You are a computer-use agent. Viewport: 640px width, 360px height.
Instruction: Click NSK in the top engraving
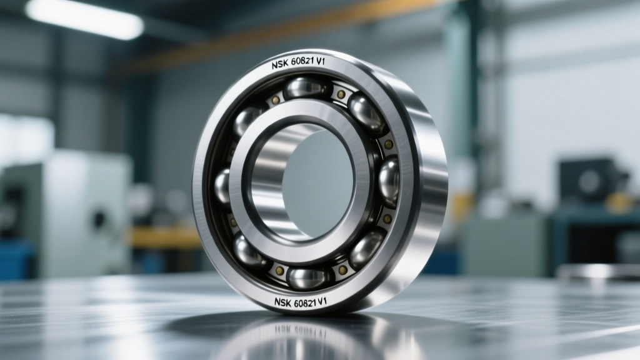pyautogui.click(x=280, y=65)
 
